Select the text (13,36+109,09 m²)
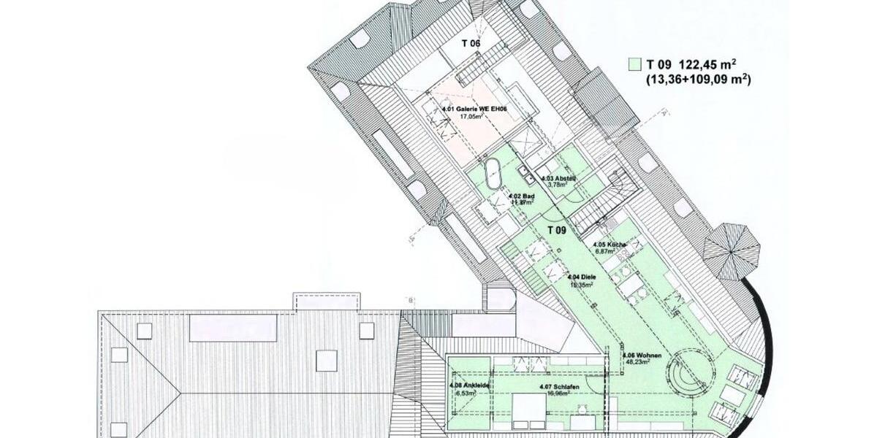coord(697,79)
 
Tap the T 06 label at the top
coord(471,43)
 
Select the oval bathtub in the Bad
coord(493,175)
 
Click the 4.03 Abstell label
coord(559,178)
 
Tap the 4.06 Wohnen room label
coord(643,356)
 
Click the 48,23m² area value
coord(637,362)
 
